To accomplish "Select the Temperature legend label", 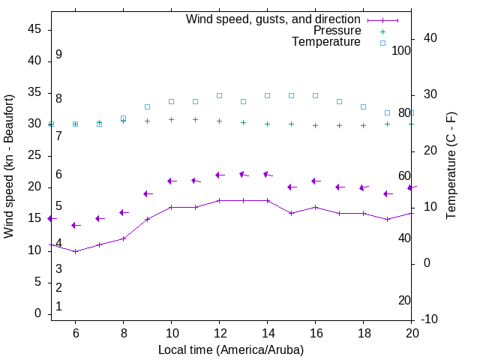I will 326,43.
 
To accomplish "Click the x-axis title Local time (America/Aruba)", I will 231,349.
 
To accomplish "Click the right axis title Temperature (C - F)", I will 451,166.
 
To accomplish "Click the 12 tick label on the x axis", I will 219,332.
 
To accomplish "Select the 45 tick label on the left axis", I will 34,29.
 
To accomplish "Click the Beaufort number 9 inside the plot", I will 58,55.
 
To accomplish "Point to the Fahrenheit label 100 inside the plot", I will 402,50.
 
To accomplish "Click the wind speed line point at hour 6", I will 75,251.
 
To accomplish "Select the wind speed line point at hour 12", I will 219,200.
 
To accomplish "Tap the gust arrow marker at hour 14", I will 266,174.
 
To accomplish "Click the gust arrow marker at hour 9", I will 146,193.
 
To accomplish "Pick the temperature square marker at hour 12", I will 219,95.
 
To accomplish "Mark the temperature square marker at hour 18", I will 363,106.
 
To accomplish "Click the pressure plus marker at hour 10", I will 171,119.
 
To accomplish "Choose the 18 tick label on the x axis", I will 363,332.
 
